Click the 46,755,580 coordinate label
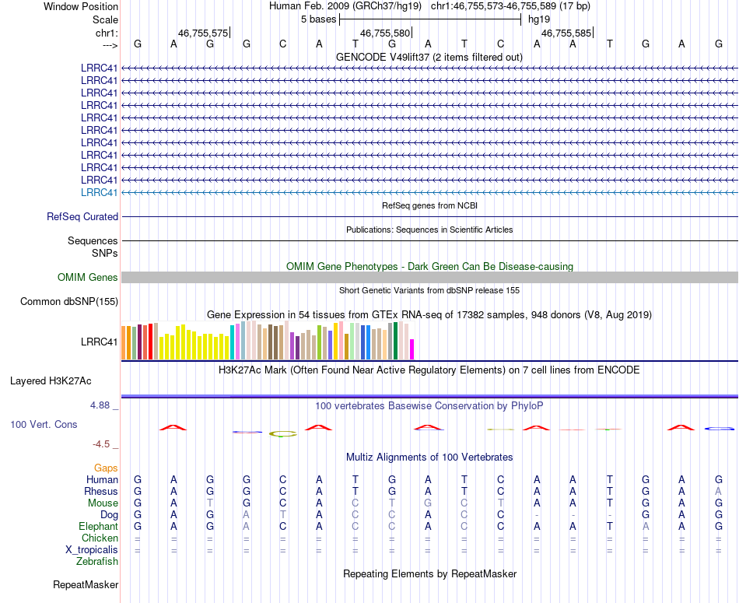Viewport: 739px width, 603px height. (x=385, y=33)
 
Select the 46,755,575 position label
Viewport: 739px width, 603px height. (x=203, y=33)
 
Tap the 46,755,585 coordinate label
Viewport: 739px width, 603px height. (x=566, y=33)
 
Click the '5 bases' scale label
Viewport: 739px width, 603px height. (x=317, y=19)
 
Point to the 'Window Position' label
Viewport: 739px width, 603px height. (x=81, y=6)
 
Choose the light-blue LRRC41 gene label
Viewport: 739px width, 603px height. (x=100, y=192)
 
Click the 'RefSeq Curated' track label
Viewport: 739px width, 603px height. (x=82, y=217)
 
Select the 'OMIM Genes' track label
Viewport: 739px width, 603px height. (x=88, y=277)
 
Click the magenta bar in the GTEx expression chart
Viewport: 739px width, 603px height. (x=412, y=349)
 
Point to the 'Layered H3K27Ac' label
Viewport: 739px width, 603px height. (x=51, y=381)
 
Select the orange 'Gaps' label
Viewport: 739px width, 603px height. (x=106, y=468)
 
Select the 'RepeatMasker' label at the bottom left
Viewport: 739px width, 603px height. (x=86, y=584)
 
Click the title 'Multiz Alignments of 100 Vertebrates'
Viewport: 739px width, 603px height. (x=429, y=457)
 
